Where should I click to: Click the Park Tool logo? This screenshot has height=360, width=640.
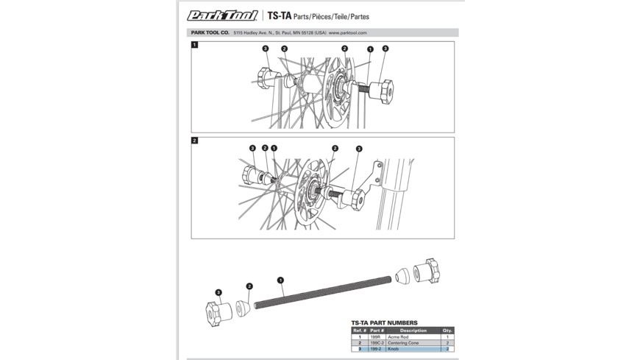click(x=221, y=15)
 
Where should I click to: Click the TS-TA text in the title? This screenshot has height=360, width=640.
click(x=279, y=15)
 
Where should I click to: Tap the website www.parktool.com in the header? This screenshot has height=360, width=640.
click(x=347, y=33)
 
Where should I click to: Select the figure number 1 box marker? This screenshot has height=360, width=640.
click(x=195, y=45)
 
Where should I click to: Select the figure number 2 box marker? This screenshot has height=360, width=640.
click(x=195, y=141)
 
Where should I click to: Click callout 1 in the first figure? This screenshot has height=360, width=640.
click(x=370, y=49)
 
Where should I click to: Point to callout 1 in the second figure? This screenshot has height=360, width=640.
click(x=274, y=148)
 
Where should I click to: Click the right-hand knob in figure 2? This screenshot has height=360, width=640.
click(x=358, y=199)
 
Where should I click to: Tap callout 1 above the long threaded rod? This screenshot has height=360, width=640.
click(x=280, y=280)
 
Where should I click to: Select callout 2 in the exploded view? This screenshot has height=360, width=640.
click(x=249, y=286)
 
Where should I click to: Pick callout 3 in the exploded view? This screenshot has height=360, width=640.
click(x=218, y=292)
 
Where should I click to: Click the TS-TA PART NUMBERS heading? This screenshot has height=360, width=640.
click(x=384, y=322)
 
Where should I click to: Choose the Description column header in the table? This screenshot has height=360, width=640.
click(x=413, y=331)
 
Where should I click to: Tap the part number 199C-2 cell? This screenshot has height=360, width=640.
click(x=377, y=343)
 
